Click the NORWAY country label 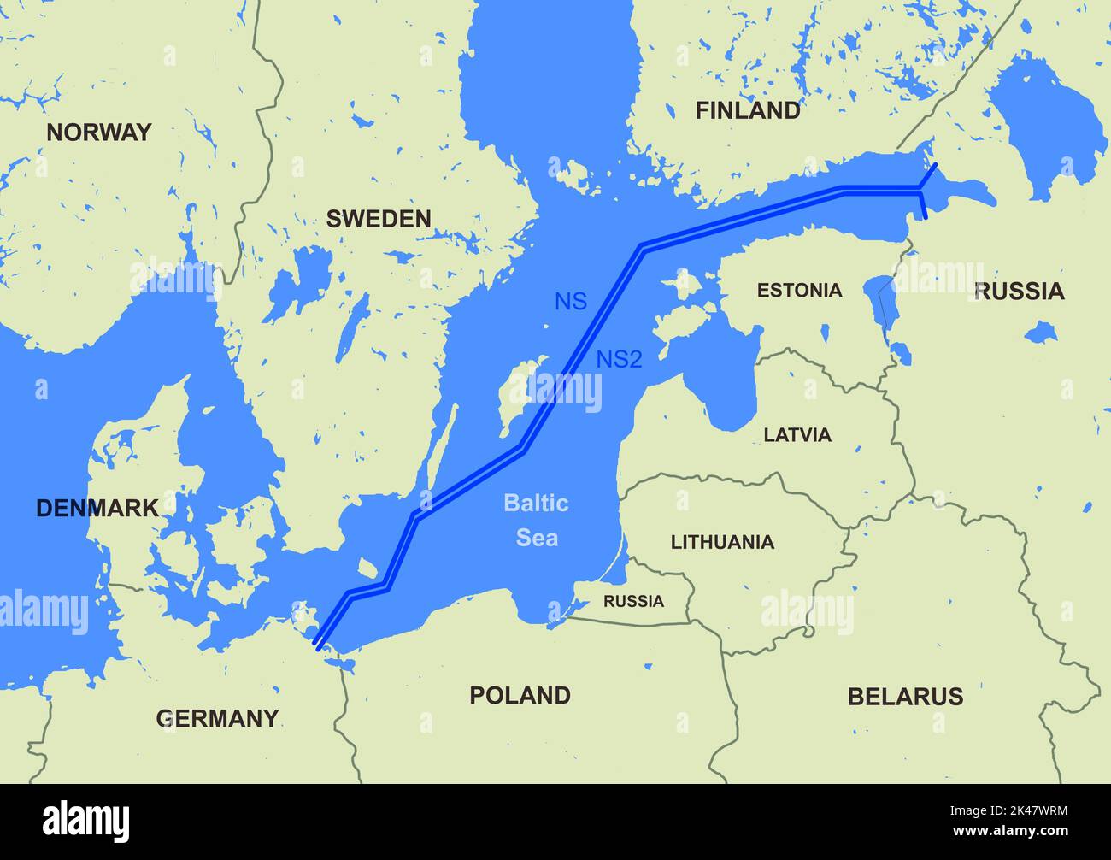click(98, 133)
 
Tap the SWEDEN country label click(379, 219)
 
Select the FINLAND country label click(748, 110)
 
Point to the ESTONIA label click(799, 291)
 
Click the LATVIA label click(797, 435)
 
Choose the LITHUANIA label click(722, 542)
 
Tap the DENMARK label click(97, 508)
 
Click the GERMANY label click(217, 718)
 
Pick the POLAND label click(520, 695)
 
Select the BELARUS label click(905, 697)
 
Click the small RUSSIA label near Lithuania click(633, 601)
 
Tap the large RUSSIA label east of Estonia click(1020, 292)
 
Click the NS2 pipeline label click(619, 360)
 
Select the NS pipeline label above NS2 click(571, 302)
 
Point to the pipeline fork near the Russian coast click(920, 187)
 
